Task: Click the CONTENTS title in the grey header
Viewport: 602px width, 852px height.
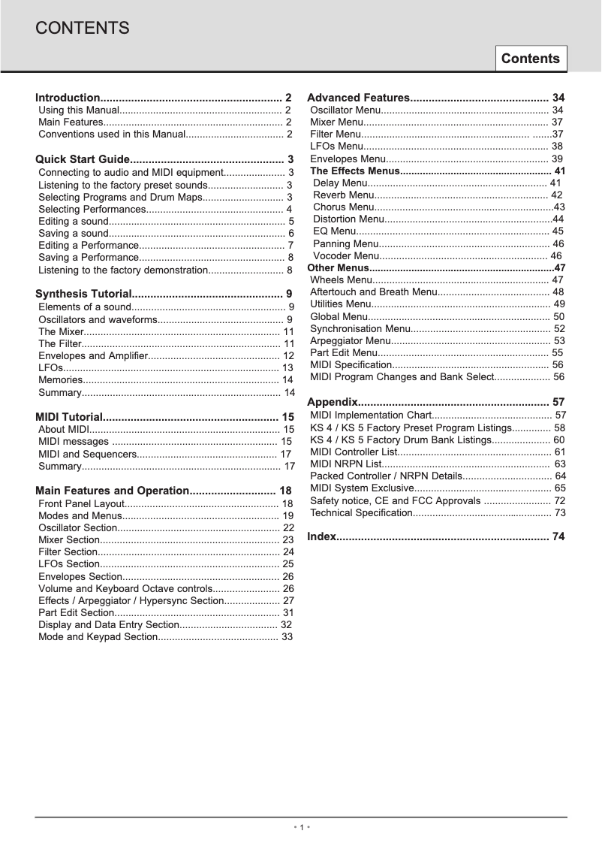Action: pos(83,29)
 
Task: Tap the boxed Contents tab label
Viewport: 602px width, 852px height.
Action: pos(530,59)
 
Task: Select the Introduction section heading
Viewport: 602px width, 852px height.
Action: pos(68,98)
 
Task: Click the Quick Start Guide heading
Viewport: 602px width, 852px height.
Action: pos(83,159)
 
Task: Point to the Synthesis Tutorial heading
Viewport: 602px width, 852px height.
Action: pos(85,294)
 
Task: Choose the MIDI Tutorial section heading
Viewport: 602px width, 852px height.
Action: pos(68,416)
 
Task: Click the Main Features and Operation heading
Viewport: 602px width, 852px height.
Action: pos(112,491)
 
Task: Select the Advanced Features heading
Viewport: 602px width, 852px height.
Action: pos(358,98)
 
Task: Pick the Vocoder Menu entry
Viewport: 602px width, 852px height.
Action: pos(346,256)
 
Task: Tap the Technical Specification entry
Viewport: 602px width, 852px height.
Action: pos(361,512)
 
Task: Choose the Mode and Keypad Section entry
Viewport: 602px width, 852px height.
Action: pos(97,637)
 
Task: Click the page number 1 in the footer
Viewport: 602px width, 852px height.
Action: pos(301,827)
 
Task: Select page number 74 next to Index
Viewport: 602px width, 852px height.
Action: pos(558,536)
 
